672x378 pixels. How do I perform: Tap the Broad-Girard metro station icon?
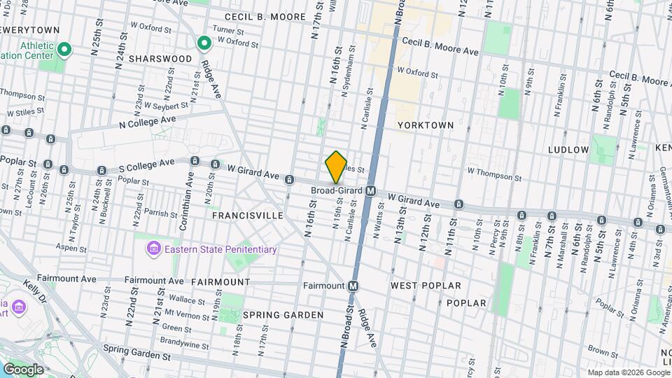tap(371, 190)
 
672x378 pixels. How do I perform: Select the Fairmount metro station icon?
tap(353, 286)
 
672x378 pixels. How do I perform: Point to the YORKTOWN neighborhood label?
tap(426, 125)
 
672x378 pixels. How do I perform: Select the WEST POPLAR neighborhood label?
tap(426, 286)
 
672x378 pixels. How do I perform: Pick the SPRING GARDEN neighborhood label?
tap(283, 315)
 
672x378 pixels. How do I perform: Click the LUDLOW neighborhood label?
tap(568, 150)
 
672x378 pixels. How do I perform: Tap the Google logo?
tap(23, 369)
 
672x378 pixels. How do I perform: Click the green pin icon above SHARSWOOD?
tap(204, 44)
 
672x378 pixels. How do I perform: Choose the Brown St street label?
tap(601, 349)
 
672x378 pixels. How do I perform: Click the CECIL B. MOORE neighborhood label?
tap(265, 16)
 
